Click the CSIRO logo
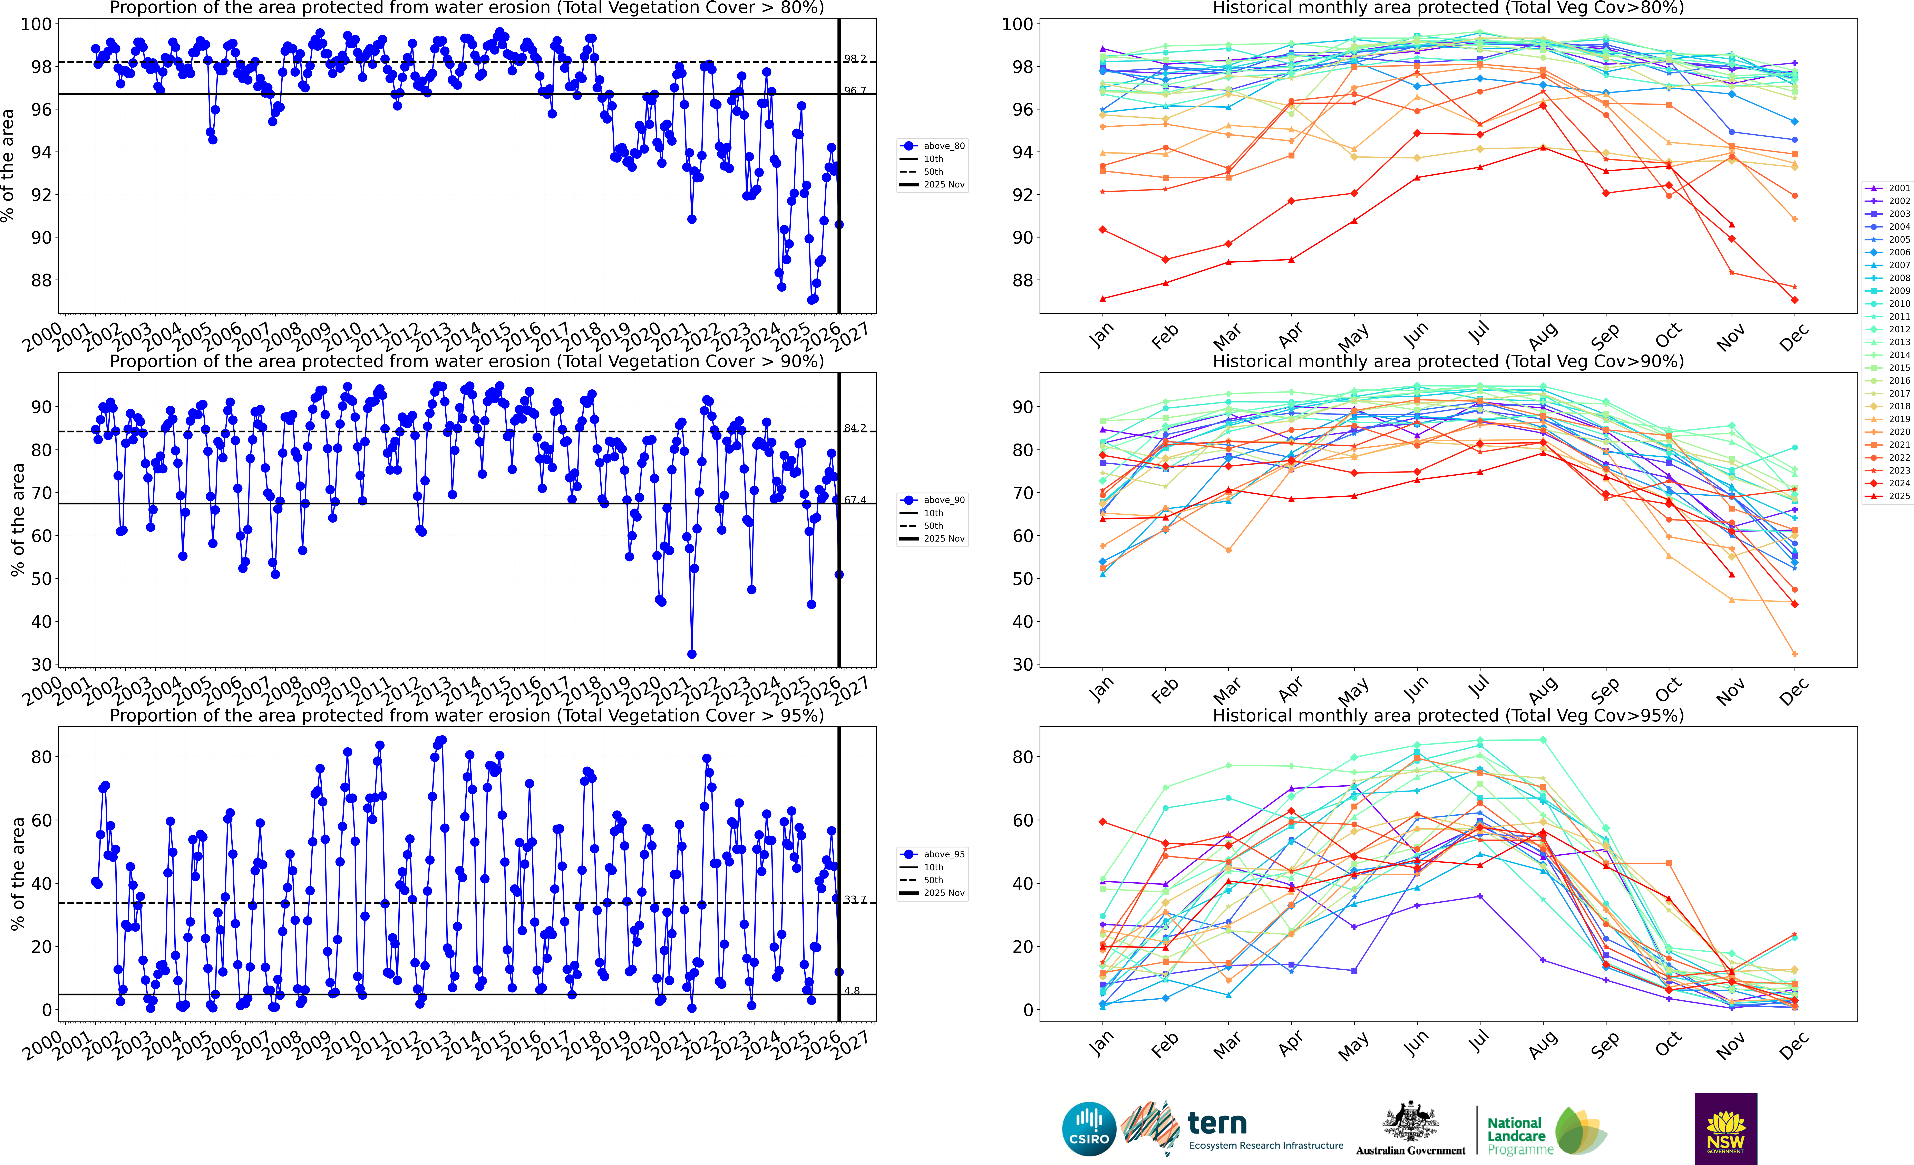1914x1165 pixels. [1089, 1128]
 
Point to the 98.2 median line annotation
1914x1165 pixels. [855, 59]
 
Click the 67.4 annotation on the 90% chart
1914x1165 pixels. [855, 500]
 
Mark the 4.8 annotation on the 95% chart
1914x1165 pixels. [852, 991]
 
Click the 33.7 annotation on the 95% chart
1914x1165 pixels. [855, 899]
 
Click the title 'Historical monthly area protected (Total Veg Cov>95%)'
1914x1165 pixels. [1448, 715]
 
